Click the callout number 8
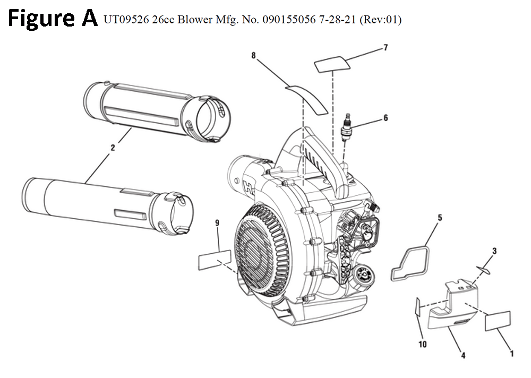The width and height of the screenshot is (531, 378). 254,55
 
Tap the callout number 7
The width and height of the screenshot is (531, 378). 386,48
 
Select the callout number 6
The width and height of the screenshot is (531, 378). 386,118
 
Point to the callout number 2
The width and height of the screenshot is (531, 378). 113,149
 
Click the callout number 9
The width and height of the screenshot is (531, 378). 217,224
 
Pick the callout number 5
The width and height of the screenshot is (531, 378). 440,218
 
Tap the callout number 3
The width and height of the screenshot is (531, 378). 494,251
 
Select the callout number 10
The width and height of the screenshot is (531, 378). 423,345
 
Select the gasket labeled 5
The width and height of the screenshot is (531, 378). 409,262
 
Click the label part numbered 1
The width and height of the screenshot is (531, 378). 498,321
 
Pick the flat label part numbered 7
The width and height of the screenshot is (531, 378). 333,65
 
